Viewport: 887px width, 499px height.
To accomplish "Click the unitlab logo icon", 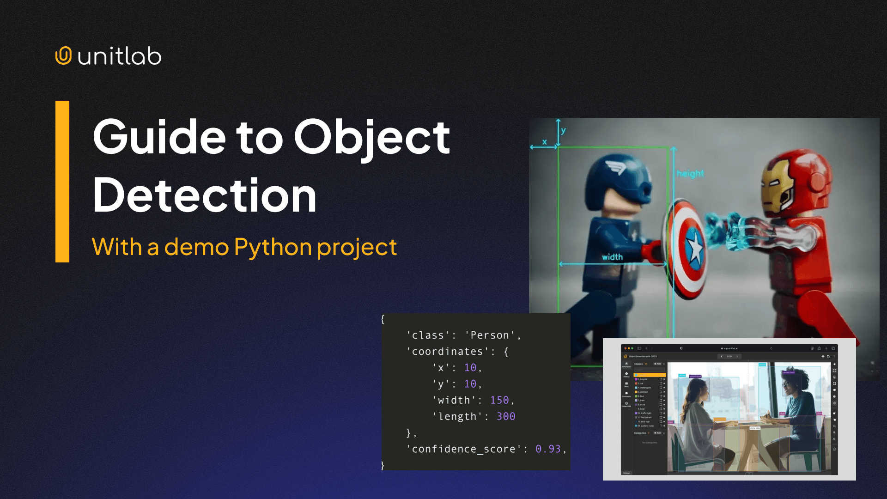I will click(63, 56).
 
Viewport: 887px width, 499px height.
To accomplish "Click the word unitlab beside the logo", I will click(120, 57).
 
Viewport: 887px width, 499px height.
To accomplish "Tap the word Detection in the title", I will click(204, 195).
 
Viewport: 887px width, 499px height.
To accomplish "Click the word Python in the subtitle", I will click(273, 247).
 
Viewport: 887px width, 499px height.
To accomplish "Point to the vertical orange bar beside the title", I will click(62, 182).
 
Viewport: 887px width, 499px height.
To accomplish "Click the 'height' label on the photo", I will click(690, 174).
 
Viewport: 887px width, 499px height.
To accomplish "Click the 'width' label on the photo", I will click(612, 257).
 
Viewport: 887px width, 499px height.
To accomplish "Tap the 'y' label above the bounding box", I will click(563, 130).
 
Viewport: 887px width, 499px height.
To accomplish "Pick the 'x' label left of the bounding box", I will click(544, 142).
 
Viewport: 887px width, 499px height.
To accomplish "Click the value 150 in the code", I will click(499, 400).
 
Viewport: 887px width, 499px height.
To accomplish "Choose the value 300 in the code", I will click(506, 416).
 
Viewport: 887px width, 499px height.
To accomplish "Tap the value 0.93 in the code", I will click(548, 449).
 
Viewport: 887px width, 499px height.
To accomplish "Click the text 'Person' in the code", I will click(490, 335).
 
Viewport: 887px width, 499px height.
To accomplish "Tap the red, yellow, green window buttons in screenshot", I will click(628, 348).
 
